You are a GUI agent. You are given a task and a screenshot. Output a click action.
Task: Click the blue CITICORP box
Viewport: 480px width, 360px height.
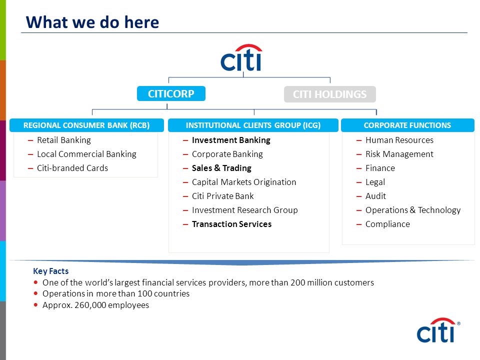171,93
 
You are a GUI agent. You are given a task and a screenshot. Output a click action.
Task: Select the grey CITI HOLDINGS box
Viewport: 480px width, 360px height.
329,94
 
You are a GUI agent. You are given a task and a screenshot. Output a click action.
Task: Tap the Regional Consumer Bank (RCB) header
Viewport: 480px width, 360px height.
86,125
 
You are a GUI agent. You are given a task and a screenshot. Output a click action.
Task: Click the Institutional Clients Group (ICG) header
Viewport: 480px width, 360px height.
253,125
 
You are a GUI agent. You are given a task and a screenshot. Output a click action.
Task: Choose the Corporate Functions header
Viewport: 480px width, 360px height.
408,125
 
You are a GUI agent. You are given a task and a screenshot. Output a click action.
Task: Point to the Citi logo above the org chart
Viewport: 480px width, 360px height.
241,57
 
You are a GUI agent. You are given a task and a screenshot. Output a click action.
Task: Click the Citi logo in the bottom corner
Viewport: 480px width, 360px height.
438,330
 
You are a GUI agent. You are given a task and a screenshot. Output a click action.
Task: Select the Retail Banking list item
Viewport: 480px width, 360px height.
64,140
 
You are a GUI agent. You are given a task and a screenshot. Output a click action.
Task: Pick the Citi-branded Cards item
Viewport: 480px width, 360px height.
72,168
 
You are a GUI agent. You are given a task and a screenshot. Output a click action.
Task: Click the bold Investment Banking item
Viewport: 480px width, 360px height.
231,140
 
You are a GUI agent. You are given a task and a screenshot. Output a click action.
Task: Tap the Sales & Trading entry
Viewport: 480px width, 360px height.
221,168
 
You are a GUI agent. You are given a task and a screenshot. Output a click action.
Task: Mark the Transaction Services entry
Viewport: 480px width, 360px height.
231,224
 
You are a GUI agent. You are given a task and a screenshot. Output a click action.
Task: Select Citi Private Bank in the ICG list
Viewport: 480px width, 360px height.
223,196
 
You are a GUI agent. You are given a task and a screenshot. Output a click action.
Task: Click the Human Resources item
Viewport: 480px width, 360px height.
399,140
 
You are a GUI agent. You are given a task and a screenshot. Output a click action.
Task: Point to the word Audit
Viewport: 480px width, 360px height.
375,196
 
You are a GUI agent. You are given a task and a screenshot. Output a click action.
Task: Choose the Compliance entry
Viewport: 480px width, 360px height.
387,224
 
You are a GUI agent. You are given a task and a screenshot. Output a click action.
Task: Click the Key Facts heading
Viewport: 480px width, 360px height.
51,271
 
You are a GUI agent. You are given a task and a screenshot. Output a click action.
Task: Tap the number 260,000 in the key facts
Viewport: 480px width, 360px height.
90,305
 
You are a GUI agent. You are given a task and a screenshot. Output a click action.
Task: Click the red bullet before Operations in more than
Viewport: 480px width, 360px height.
36,293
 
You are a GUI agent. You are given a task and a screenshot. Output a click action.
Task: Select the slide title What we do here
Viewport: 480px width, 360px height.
92,22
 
